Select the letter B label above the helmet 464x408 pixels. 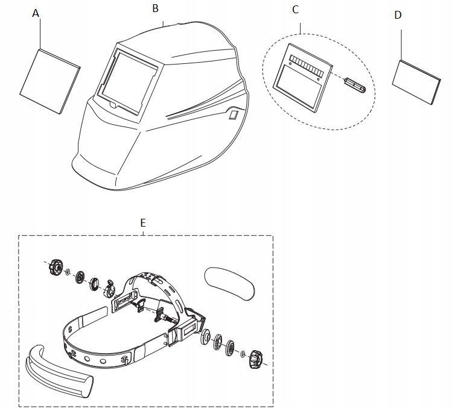156,8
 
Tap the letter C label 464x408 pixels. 295,9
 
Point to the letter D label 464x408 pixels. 398,15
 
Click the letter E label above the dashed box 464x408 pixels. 143,222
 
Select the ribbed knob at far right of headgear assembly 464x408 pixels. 254,360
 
